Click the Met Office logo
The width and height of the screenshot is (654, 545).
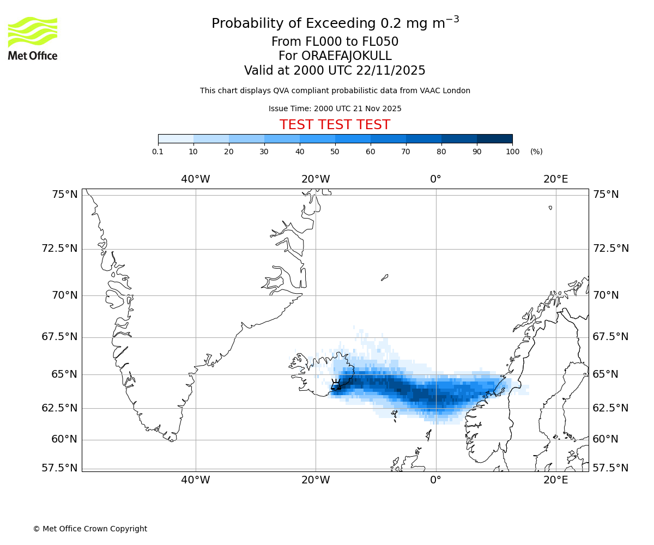(33, 38)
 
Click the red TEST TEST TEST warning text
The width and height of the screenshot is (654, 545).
(335, 125)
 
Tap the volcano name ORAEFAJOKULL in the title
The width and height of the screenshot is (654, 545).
(335, 56)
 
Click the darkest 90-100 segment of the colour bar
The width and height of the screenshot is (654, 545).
(494, 139)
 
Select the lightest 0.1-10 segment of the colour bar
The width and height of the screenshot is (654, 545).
(176, 139)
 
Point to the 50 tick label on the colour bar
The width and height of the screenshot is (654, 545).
(335, 152)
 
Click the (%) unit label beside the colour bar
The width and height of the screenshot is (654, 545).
(536, 152)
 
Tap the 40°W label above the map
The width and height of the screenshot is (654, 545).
(196, 179)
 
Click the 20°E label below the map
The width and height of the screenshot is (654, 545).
(555, 480)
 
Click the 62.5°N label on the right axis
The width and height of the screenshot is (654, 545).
(610, 408)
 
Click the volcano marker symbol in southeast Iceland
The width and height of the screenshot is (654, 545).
(336, 384)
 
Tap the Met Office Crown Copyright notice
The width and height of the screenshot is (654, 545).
(90, 529)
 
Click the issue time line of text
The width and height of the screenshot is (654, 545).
(335, 108)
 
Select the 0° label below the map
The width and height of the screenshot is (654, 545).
(435, 480)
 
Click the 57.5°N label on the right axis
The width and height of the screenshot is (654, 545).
(610, 468)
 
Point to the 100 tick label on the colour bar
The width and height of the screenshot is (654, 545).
(512, 152)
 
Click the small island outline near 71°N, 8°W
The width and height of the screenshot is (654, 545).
(384, 277)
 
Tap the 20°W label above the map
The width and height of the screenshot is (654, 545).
(316, 179)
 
